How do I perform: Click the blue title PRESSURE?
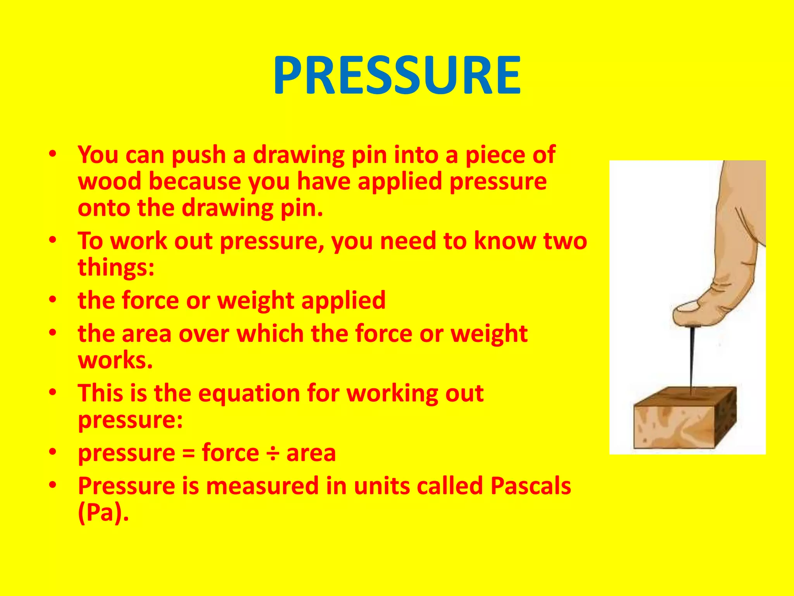coord(397,76)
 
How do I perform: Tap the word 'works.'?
coord(116,360)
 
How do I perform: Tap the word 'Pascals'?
coord(530,486)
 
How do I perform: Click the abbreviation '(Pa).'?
coord(103,513)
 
